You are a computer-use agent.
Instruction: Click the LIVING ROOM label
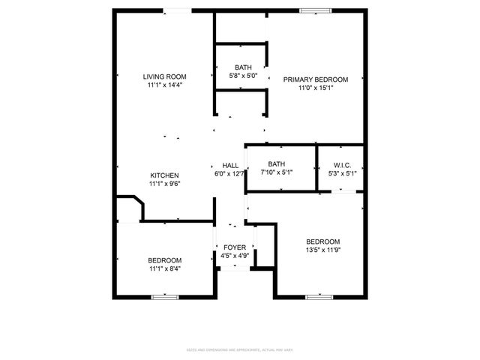pyautogui.click(x=165, y=76)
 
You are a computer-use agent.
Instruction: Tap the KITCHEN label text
pyautogui.click(x=164, y=175)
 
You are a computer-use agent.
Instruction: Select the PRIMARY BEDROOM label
pyautogui.click(x=315, y=79)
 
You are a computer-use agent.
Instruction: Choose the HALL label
pyautogui.click(x=230, y=166)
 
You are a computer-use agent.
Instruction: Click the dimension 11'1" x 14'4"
pyautogui.click(x=165, y=85)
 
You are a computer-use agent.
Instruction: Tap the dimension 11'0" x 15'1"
pyautogui.click(x=315, y=88)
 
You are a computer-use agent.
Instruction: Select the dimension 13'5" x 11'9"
pyautogui.click(x=323, y=250)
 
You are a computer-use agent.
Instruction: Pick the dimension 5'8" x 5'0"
pyautogui.click(x=243, y=76)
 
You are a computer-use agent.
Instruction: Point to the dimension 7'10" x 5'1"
pyautogui.click(x=277, y=173)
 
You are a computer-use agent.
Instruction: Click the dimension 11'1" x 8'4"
pyautogui.click(x=164, y=269)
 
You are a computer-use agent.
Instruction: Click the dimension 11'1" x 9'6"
pyautogui.click(x=164, y=184)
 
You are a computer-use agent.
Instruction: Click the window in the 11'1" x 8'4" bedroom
pyautogui.click(x=164, y=297)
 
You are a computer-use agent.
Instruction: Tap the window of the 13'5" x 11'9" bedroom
pyautogui.click(x=318, y=297)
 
